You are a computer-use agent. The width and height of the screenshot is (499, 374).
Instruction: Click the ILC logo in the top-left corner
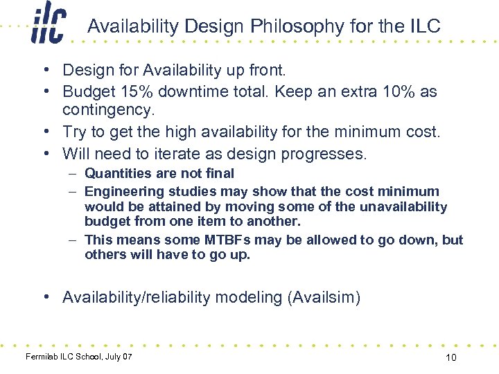pos(48,26)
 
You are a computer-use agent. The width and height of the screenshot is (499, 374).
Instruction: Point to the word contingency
pos(106,110)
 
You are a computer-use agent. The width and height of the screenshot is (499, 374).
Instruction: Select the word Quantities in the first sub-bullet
pos(117,173)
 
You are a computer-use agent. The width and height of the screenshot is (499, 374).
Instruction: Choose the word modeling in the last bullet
pos(248,297)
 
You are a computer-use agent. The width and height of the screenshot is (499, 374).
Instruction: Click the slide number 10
pos(450,357)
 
